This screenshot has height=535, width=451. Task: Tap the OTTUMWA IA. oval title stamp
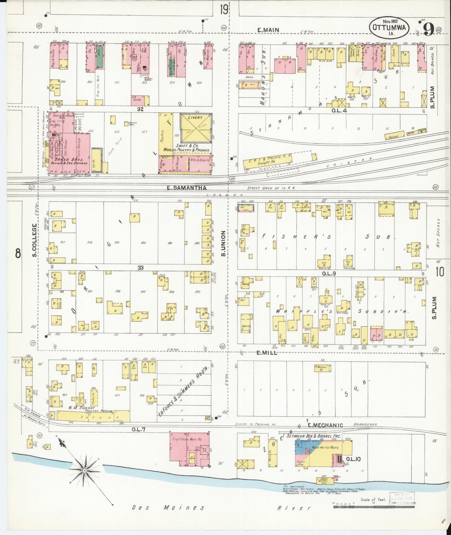click(389, 27)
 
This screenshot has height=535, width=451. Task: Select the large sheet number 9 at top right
click(428, 30)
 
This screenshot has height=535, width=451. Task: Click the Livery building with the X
click(196, 128)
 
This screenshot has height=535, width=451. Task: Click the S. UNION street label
click(223, 243)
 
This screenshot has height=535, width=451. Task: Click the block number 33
click(140, 267)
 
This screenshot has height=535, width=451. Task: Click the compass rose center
click(85, 470)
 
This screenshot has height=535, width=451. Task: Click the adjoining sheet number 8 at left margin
click(18, 253)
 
